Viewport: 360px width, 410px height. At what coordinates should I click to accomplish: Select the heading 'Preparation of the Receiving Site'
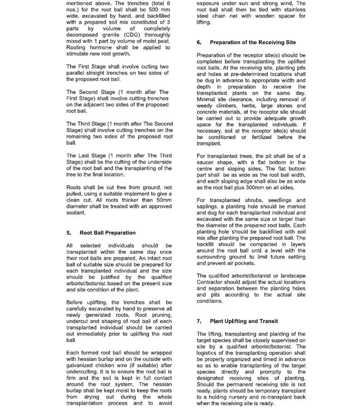253,43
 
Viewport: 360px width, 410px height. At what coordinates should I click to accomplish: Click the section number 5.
69,233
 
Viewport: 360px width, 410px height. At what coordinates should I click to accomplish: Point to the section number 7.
199,321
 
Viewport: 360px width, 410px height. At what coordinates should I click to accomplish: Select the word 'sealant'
75,212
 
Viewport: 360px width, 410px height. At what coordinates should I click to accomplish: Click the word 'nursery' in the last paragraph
231,397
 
